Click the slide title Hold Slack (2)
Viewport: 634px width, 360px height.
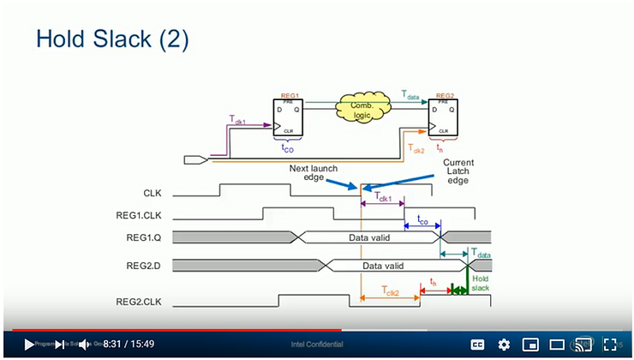pos(111,39)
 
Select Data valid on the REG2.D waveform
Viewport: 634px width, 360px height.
pos(383,267)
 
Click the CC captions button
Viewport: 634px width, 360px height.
pos(477,345)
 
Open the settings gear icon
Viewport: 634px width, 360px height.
pos(504,345)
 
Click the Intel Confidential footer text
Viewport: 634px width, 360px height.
pos(318,345)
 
